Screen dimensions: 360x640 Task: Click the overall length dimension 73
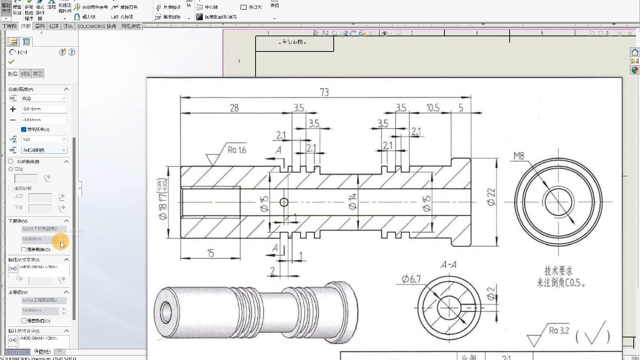point(324,92)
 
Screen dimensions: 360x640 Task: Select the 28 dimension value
point(234,108)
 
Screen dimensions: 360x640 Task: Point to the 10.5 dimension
point(433,108)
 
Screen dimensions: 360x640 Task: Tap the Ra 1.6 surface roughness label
point(237,150)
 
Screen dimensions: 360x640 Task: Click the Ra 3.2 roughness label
point(559,330)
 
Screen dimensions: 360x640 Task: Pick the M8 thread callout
point(519,156)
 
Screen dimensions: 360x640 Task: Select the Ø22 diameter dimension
point(491,197)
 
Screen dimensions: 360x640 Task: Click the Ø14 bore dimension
point(352,201)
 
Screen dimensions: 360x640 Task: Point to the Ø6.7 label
point(411,279)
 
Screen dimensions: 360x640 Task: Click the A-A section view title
point(448,265)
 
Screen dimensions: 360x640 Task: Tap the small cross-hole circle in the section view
point(284,202)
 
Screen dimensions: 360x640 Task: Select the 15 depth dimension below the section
point(210,253)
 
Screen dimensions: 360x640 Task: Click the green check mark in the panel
point(11,62)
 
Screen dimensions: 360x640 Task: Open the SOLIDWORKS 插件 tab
point(97,26)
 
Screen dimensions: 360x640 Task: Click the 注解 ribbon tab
point(26,26)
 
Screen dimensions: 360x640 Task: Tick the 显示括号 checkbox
point(24,130)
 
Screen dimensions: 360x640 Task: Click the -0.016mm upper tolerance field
point(44,109)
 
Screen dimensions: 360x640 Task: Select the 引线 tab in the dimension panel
point(25,74)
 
